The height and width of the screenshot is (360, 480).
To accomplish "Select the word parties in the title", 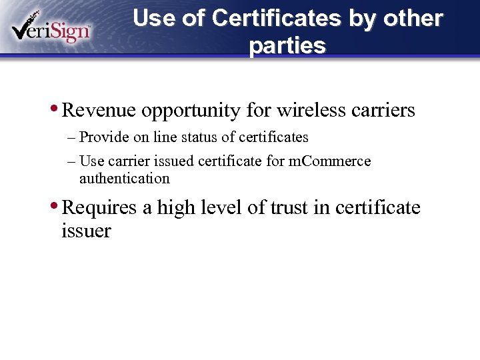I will coord(287,46).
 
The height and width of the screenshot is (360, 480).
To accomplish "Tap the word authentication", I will coord(125,179).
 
